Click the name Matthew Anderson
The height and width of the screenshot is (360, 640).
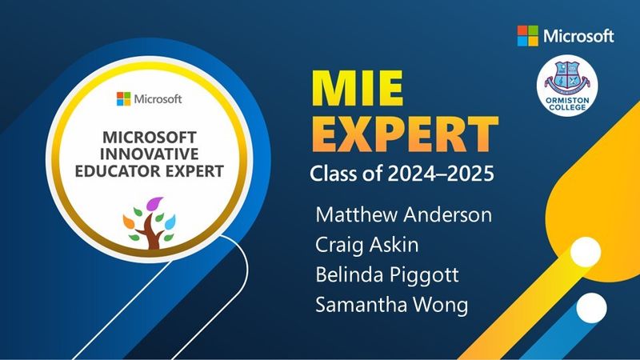point(404,214)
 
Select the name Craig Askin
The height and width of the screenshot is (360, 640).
point(367,246)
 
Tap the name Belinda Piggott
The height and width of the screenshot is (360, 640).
point(387,275)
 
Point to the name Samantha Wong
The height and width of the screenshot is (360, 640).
point(392,305)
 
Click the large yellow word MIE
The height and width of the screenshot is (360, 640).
point(358,89)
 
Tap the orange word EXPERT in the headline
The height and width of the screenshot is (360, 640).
point(405,134)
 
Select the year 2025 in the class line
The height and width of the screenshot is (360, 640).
point(470,174)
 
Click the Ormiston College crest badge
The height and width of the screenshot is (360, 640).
point(567,86)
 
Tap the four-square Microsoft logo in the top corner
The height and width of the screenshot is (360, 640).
point(528,36)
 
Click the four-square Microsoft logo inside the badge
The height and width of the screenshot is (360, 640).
point(124,98)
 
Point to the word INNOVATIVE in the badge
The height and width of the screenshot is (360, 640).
point(150,154)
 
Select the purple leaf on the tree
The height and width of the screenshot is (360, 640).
point(154,204)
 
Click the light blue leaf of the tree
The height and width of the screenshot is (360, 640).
point(170,222)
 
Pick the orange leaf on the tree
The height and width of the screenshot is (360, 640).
point(129,222)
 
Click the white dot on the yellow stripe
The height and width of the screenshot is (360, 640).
point(586,252)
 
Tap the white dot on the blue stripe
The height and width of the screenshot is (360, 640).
point(591,308)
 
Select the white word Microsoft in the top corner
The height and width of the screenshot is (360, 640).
point(578,36)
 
